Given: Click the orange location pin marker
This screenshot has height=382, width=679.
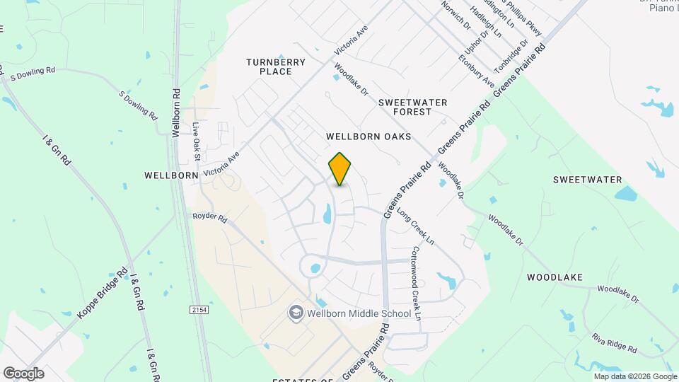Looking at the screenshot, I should (340, 168).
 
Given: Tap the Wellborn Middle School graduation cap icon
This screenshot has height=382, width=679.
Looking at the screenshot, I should (295, 313).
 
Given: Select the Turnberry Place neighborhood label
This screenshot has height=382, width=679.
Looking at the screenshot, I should (276, 66).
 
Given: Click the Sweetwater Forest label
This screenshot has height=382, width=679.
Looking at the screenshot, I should (413, 107).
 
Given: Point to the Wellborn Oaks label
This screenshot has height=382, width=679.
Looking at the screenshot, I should (368, 135).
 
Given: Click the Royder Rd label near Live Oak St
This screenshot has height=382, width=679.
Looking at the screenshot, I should (209, 219).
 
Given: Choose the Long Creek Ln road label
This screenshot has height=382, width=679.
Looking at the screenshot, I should (415, 227).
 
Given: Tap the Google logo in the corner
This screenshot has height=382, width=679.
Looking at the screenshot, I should (23, 373).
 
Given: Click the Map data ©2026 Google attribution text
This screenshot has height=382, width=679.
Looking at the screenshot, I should (634, 376).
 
